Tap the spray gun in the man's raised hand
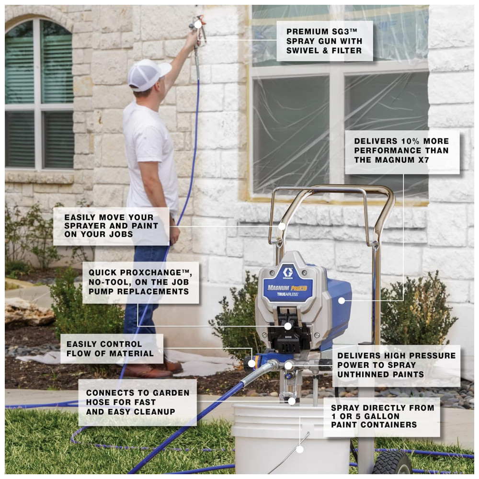click(198, 31)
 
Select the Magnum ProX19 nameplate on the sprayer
click(287, 290)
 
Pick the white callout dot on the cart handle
click(282, 227)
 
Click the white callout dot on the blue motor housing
click(342, 301)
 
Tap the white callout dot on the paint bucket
click(300, 449)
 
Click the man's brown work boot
click(147, 371)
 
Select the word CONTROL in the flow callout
click(122, 344)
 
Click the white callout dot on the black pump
click(288, 326)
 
